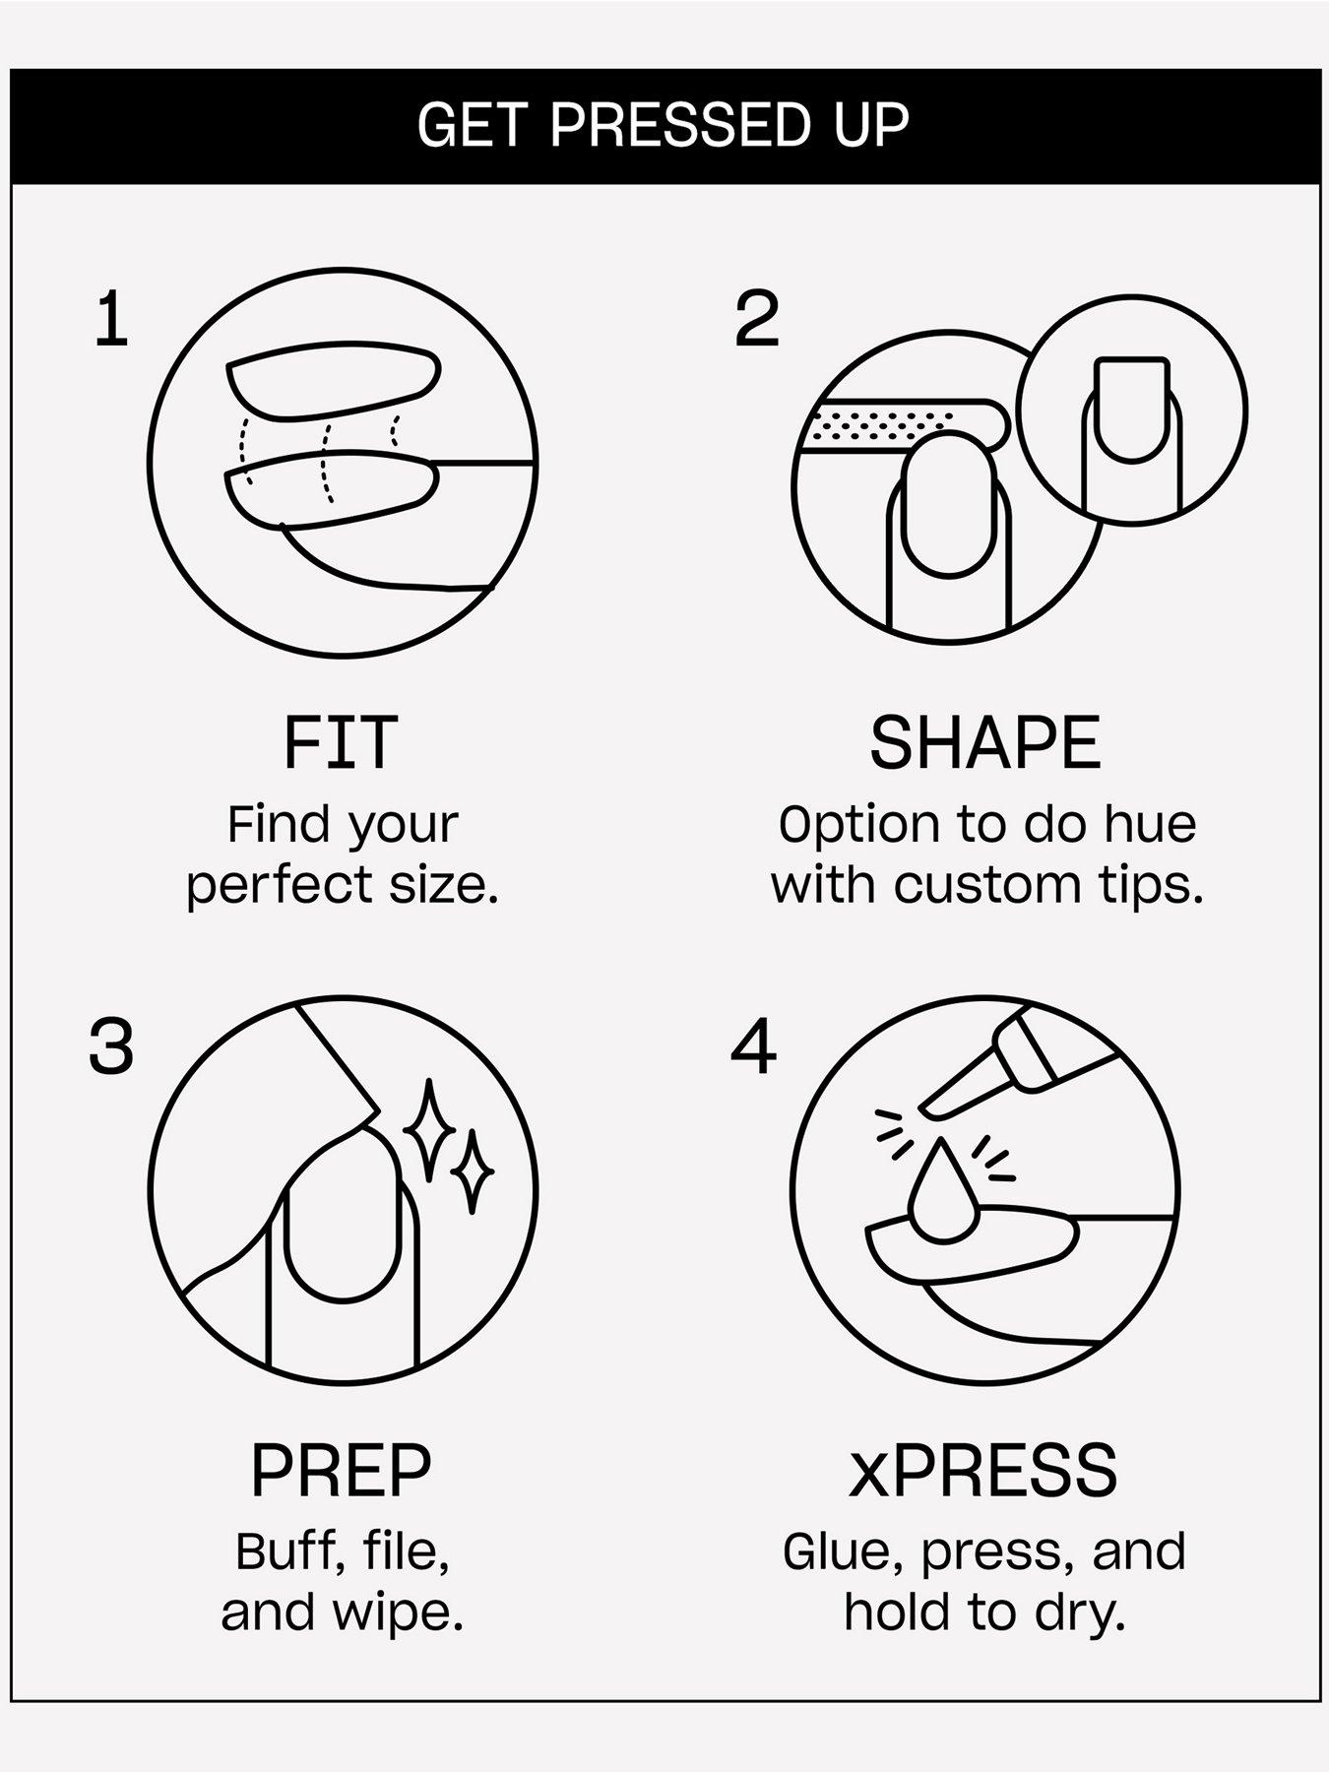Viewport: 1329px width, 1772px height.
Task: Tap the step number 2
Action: pos(757,319)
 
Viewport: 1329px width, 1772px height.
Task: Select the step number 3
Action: pos(111,1045)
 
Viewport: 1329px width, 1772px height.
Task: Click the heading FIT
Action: pos(341,743)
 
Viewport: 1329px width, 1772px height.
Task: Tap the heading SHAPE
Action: pos(984,743)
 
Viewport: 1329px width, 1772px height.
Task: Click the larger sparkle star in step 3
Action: pos(427,1130)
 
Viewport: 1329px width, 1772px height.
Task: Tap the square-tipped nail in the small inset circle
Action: pos(1132,411)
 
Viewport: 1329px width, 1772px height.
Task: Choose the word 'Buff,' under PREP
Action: pos(283,1552)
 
